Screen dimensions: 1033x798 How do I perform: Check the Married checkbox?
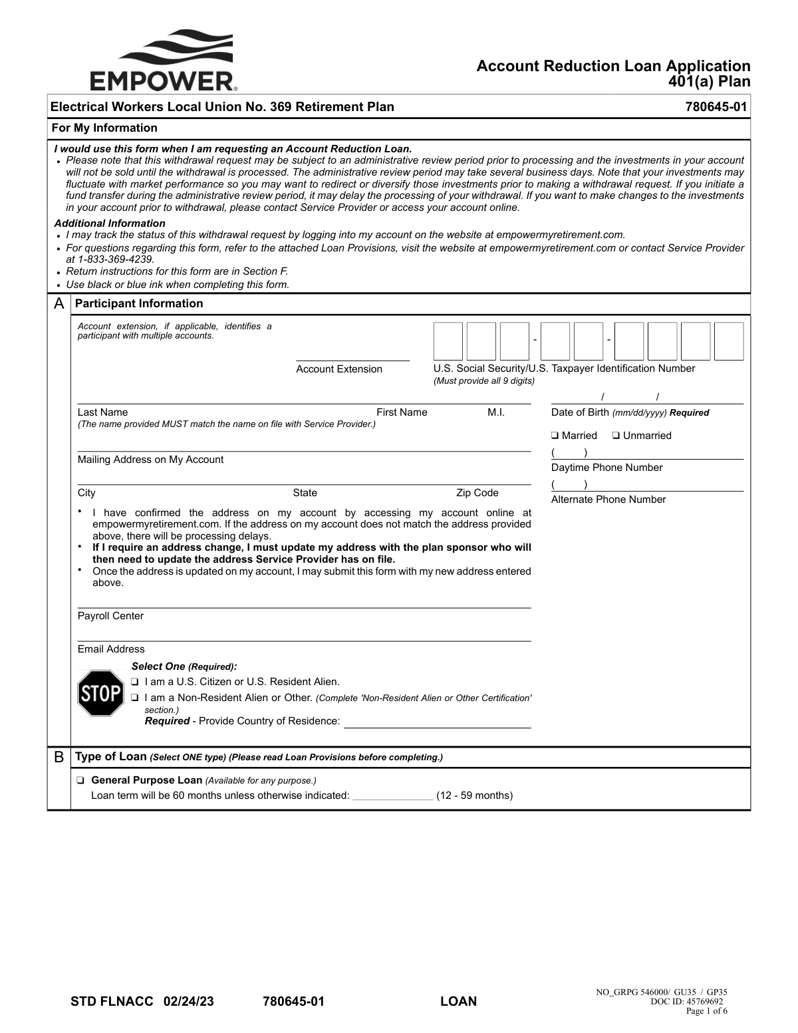click(x=555, y=436)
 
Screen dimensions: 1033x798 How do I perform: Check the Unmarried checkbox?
click(x=616, y=436)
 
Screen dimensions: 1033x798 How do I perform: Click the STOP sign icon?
click(x=100, y=693)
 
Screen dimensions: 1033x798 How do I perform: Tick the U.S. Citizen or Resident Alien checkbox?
click(x=135, y=682)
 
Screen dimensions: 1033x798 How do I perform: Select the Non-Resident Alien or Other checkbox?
click(x=135, y=698)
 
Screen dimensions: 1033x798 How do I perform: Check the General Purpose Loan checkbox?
click(x=80, y=780)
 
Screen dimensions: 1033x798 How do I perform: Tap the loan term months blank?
click(x=392, y=796)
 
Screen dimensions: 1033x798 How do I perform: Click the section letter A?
click(x=59, y=304)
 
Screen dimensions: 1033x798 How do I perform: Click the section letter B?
click(x=59, y=757)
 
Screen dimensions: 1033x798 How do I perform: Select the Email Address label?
click(x=111, y=649)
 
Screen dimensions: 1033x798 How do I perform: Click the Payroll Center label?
click(x=110, y=616)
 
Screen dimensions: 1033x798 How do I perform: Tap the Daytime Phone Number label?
click(x=606, y=468)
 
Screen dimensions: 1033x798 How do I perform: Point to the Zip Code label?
click(x=477, y=493)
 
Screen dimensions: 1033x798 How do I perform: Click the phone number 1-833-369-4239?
click(x=116, y=259)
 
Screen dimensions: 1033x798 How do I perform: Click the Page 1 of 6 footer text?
click(x=706, y=1011)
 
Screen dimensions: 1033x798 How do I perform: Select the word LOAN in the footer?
click(x=458, y=1001)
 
